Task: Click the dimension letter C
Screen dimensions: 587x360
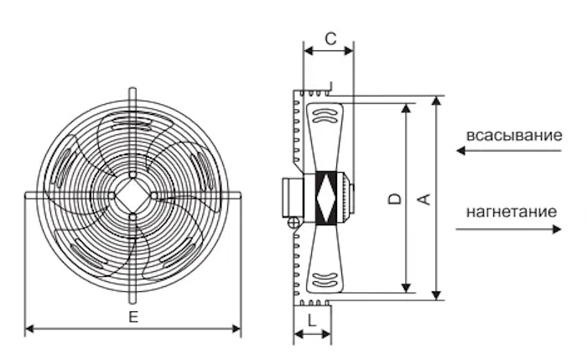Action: point(330,39)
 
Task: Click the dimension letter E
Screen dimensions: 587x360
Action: point(133,317)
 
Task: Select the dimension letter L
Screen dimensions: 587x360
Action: point(311,321)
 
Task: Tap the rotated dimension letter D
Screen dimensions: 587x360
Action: point(395,199)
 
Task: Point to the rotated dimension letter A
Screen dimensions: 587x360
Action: point(424,199)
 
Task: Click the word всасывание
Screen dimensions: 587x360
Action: point(514,135)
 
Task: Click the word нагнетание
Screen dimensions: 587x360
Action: point(512,211)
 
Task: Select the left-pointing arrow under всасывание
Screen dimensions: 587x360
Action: point(509,150)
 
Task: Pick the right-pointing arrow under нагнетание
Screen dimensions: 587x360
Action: point(509,229)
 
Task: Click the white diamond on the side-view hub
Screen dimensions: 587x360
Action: point(325,198)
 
